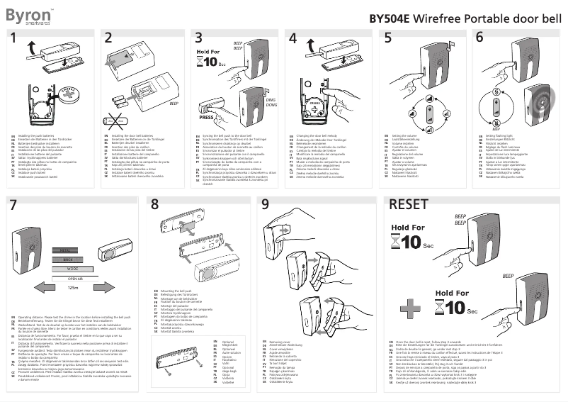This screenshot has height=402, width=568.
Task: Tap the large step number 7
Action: (x=14, y=205)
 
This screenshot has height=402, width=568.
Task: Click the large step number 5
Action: (x=388, y=38)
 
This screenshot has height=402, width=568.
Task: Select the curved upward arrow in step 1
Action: (x=30, y=47)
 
